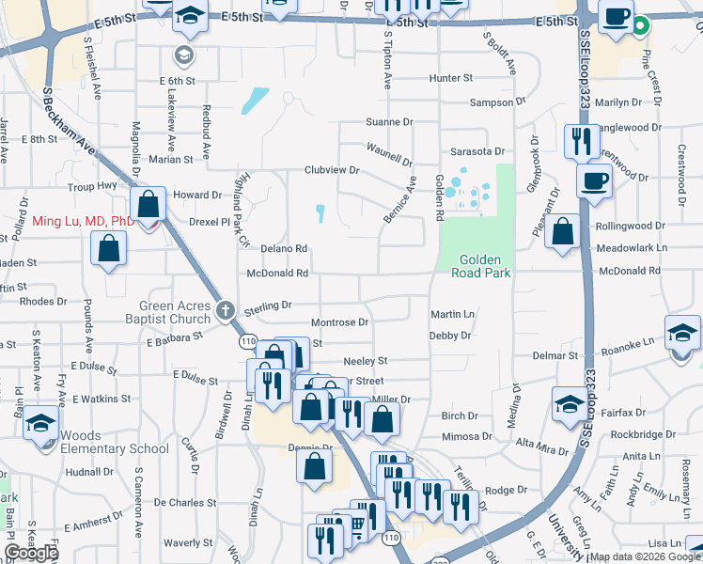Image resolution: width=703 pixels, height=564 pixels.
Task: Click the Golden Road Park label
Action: [x=485, y=266]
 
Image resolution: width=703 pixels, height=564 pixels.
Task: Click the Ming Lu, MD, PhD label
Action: [x=82, y=222]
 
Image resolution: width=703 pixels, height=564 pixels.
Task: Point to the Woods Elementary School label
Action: [x=115, y=442]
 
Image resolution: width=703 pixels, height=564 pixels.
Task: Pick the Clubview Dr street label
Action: [x=331, y=170]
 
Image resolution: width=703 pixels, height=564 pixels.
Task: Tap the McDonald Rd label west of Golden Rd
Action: [x=277, y=274]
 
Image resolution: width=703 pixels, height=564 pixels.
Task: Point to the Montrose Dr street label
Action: [x=339, y=321]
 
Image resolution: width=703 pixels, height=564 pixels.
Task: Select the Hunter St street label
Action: [x=451, y=78]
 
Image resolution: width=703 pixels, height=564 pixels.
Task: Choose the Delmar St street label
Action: [x=555, y=356]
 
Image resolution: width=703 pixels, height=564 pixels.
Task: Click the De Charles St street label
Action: [x=185, y=503]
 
